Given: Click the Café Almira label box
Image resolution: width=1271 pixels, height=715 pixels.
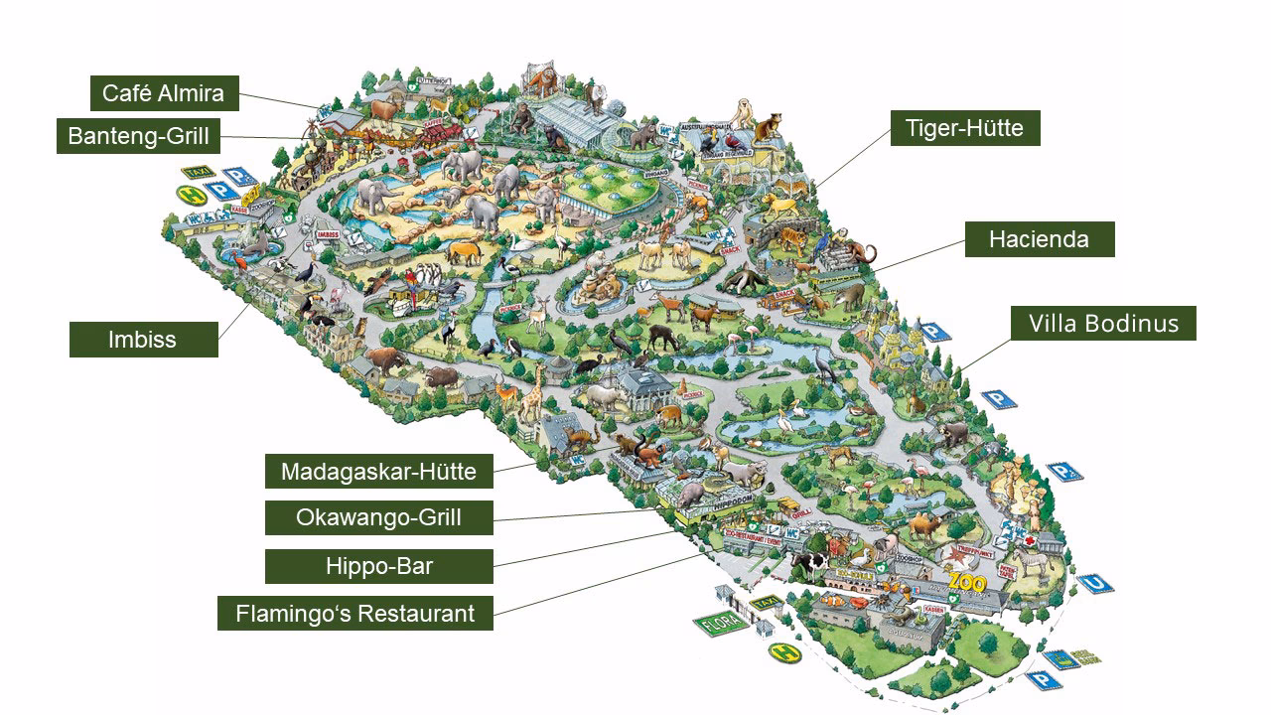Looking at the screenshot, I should [164, 94].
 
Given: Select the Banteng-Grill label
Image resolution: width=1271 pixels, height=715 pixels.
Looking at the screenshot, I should [139, 136].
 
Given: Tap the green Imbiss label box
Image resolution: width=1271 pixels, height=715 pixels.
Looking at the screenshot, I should [143, 340].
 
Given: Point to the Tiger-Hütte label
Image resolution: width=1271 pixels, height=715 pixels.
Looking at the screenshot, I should [964, 128].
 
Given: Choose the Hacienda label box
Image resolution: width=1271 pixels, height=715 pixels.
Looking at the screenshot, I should [1039, 239].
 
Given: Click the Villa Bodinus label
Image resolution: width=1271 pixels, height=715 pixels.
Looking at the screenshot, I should [1103, 324].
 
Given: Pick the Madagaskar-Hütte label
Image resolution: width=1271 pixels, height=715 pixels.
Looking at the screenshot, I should [378, 471].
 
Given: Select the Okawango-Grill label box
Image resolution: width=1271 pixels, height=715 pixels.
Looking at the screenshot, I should [378, 517].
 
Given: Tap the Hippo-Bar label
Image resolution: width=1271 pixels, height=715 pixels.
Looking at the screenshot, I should [378, 566].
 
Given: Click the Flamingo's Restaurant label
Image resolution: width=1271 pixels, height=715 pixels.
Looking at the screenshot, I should [354, 613].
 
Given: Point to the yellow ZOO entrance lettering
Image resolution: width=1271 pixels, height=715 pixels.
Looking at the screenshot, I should [966, 581].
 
